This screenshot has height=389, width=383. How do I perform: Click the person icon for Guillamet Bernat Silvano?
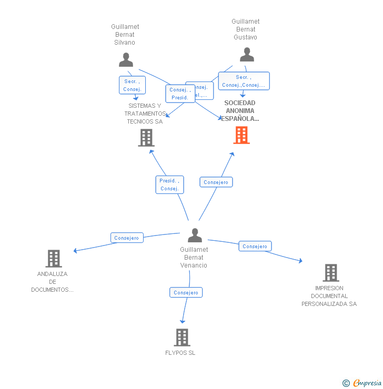pyautogui.click(x=126, y=60)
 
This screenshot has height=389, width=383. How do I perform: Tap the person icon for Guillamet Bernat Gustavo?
pyautogui.click(x=247, y=55)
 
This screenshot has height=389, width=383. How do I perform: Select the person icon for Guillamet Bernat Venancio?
pyautogui.click(x=195, y=236)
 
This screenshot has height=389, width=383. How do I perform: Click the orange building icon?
pyautogui.click(x=241, y=135)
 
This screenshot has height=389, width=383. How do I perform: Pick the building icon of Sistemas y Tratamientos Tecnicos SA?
pyautogui.click(x=146, y=138)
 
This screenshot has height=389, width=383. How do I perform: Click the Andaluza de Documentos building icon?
pyautogui.click(x=54, y=259)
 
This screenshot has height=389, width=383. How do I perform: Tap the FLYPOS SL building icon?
pyautogui.click(x=182, y=337)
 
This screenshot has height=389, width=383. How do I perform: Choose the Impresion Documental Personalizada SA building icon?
pyautogui.click(x=330, y=273)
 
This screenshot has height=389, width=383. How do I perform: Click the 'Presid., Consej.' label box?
pyautogui.click(x=169, y=185)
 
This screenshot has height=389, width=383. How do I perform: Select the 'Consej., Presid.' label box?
pyautogui.click(x=180, y=94)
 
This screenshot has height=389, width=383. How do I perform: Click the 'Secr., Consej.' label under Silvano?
pyautogui.click(x=132, y=85)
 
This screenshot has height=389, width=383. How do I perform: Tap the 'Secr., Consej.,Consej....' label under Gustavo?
pyautogui.click(x=244, y=81)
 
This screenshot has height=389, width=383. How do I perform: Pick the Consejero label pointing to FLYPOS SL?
pyautogui.click(x=186, y=292)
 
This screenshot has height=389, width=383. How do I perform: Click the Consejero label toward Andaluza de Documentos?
pyautogui.click(x=127, y=238)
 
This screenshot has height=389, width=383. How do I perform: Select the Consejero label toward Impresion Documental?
pyautogui.click(x=255, y=246)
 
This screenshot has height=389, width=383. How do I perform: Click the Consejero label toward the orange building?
pyautogui.click(x=216, y=182)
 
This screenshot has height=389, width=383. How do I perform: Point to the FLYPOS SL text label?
pyautogui.click(x=180, y=353)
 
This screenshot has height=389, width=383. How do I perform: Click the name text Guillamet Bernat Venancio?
pyautogui.click(x=194, y=258)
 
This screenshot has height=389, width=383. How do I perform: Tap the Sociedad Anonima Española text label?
pyautogui.click(x=240, y=111)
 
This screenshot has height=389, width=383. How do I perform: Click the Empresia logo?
pyautogui.click(x=366, y=383)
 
